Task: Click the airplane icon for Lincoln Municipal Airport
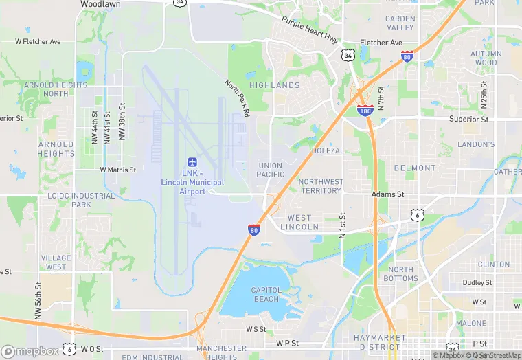(192, 163)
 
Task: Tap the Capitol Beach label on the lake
(266, 294)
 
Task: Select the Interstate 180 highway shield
(365, 110)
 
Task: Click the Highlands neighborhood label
(274, 85)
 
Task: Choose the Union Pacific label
(271, 170)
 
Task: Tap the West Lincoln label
(299, 222)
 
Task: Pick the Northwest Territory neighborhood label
(321, 185)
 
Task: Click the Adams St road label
(387, 194)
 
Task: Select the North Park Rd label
(236, 99)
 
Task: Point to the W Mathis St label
(117, 169)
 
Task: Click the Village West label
(56, 262)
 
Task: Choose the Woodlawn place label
(101, 4)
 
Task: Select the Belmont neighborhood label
(414, 168)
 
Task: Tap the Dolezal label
(328, 150)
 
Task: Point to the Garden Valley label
(400, 23)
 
